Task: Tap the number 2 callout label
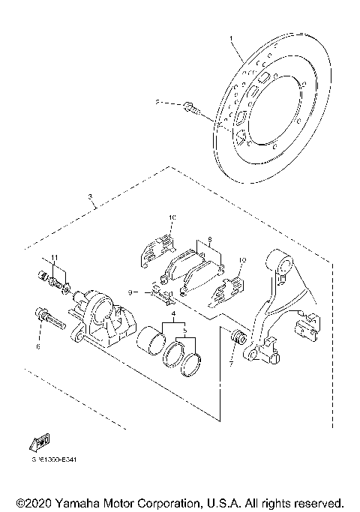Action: point(158,103)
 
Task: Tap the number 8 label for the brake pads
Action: point(211,240)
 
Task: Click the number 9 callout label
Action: point(130,292)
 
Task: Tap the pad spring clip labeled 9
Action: point(161,292)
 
